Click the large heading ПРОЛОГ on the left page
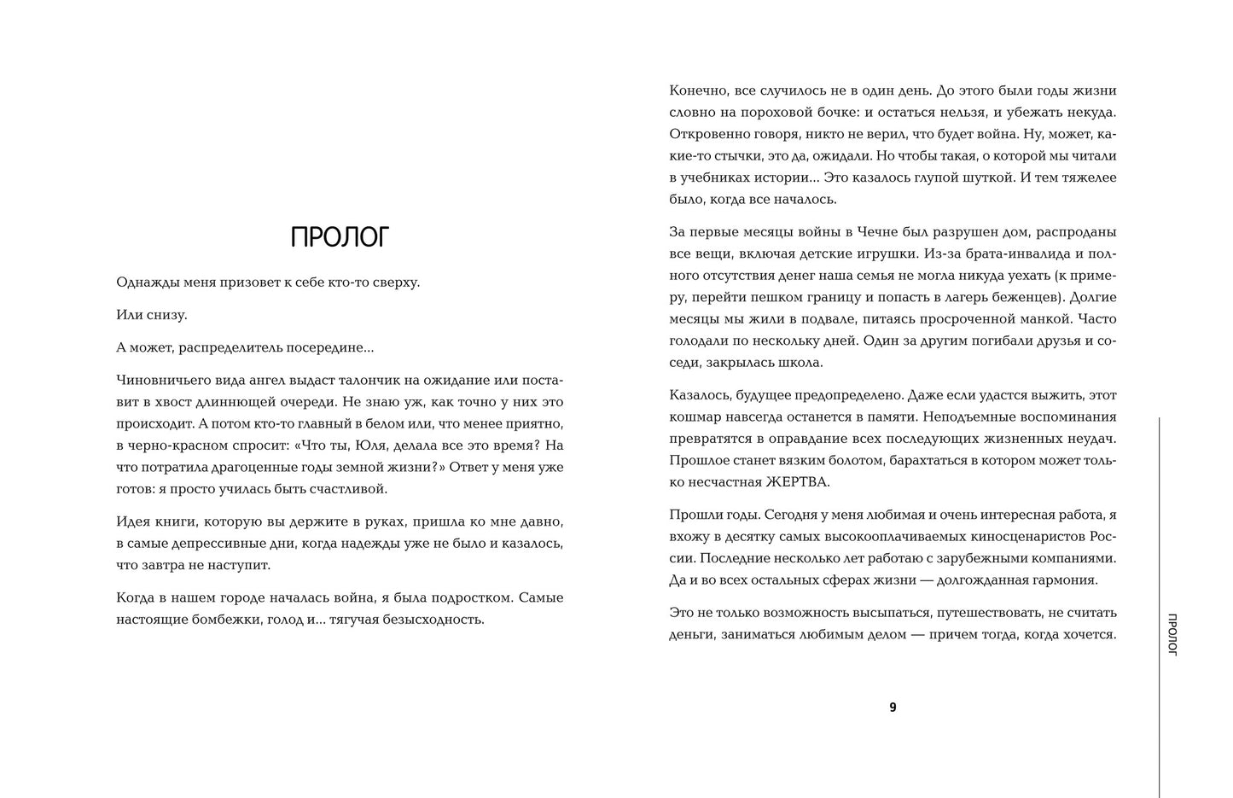(340, 237)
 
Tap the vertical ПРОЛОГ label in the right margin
(1172, 633)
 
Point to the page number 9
(893, 707)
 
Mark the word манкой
(1046, 319)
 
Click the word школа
(803, 363)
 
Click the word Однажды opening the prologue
(145, 283)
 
